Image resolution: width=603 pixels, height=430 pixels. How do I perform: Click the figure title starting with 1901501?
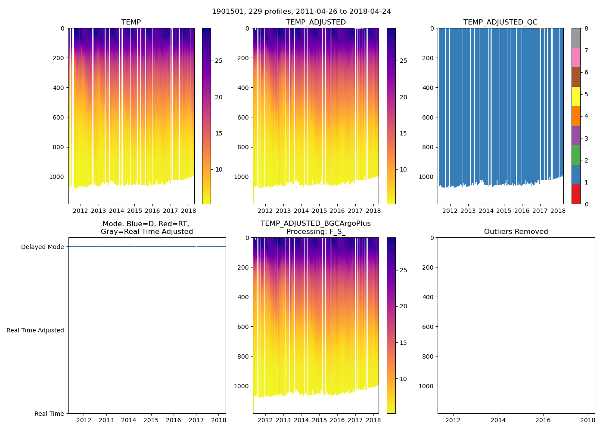(301, 12)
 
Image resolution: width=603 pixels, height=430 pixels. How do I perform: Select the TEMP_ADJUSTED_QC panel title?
(500, 22)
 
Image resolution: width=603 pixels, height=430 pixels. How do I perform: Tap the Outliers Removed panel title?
(516, 232)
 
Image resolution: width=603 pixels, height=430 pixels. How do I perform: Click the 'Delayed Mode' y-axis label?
(42, 247)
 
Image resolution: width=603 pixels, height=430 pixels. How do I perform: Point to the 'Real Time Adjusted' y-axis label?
(35, 330)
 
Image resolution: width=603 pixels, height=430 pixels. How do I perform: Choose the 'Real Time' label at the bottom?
(49, 414)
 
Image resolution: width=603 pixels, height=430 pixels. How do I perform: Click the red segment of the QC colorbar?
(576, 194)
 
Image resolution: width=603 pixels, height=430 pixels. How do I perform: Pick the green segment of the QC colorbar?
(576, 155)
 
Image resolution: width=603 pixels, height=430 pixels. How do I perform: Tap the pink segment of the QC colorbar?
(576, 57)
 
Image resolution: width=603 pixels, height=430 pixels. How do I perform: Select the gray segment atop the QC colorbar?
(576, 38)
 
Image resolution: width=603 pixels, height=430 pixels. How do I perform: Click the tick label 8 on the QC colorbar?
(586, 28)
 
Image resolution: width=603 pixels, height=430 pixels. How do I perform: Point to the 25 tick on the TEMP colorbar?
(219, 61)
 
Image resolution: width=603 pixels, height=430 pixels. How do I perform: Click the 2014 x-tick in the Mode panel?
(128, 420)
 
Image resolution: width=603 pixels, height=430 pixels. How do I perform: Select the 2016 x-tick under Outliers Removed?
(543, 420)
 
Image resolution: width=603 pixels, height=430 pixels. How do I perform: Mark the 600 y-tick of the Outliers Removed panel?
(426, 327)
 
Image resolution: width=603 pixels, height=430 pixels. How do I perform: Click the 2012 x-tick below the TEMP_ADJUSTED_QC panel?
(450, 211)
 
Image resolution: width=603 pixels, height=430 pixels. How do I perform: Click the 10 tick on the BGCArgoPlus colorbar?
(403, 379)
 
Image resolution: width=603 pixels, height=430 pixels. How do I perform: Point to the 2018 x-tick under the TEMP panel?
(188, 211)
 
